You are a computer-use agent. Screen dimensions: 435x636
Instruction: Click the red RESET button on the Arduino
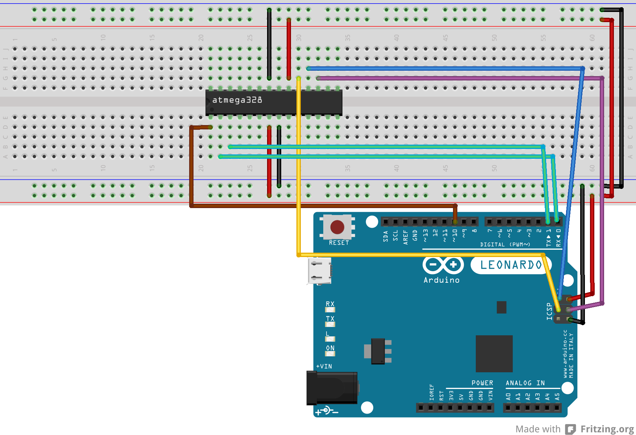click(337, 227)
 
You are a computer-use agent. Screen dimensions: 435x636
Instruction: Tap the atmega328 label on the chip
click(237, 100)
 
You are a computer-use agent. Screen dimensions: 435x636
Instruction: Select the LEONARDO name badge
click(511, 265)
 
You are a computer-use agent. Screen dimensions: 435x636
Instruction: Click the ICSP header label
click(549, 311)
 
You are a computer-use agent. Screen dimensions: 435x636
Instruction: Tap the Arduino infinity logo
click(443, 265)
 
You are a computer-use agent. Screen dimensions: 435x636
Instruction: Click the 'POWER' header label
click(482, 383)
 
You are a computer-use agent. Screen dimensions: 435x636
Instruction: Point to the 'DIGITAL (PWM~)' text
click(505, 245)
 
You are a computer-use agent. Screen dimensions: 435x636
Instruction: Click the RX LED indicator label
click(330, 304)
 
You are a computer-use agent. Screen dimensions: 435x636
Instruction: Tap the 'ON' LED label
click(330, 348)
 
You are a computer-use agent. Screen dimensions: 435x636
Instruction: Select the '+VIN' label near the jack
click(324, 366)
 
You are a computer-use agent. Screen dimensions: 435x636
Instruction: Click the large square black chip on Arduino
click(494, 353)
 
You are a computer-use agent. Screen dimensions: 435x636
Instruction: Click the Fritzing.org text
click(607, 429)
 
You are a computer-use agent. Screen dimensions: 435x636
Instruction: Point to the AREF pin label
click(405, 237)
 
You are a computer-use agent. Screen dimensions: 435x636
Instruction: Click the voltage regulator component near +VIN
click(378, 351)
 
